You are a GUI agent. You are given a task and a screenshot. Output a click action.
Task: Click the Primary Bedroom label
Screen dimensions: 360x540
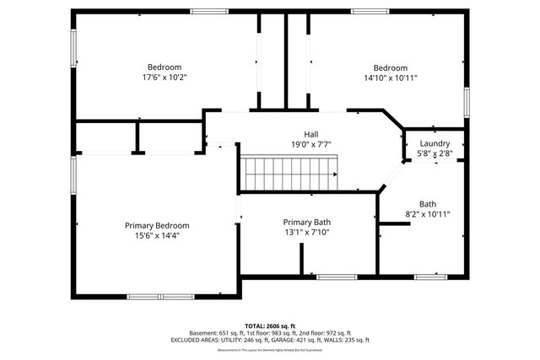point(157,225)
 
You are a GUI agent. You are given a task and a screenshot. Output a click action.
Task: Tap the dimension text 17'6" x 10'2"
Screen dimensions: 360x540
point(165,78)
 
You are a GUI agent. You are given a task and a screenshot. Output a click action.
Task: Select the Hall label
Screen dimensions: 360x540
point(311,134)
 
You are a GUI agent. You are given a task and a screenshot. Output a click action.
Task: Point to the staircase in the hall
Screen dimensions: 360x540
point(289,175)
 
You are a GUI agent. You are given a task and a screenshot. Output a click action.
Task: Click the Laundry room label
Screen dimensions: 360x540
point(435,143)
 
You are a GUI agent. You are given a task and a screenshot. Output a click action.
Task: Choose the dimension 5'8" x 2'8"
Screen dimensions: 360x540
point(435,153)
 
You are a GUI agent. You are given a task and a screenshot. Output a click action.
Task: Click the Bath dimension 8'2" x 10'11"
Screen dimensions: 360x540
point(428,214)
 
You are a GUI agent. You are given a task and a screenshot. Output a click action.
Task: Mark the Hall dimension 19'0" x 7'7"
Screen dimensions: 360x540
point(311,144)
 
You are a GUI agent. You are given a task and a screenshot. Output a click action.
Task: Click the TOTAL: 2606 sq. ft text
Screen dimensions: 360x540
point(270,325)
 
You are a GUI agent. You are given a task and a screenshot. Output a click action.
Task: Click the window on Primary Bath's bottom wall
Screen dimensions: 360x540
point(335,276)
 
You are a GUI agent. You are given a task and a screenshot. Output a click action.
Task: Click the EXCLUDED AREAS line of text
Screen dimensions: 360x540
point(270,341)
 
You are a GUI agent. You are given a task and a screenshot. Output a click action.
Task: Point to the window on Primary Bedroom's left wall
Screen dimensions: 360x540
point(73,175)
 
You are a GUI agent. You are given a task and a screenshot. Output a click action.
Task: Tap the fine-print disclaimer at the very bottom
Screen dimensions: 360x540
point(270,350)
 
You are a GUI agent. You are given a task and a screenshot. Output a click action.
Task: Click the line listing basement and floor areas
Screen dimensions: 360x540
point(270,333)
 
